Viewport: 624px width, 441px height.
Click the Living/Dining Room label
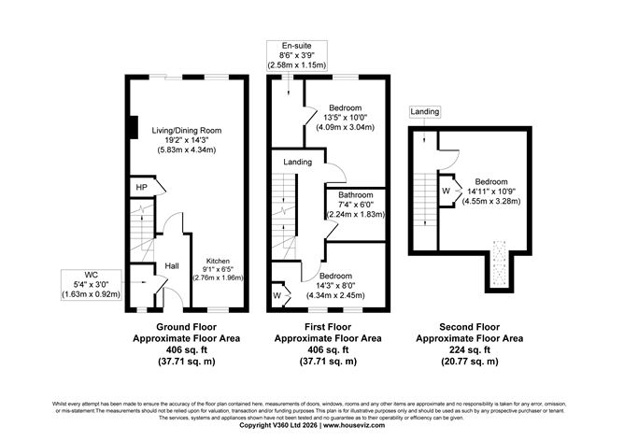click(186, 130)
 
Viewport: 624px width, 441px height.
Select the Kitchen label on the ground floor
click(218, 262)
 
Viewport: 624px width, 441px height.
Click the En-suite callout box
click(289, 55)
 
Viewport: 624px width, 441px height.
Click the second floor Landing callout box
click(424, 112)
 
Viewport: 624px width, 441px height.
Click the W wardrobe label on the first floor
click(277, 295)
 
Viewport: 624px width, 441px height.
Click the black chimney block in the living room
click(133, 127)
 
